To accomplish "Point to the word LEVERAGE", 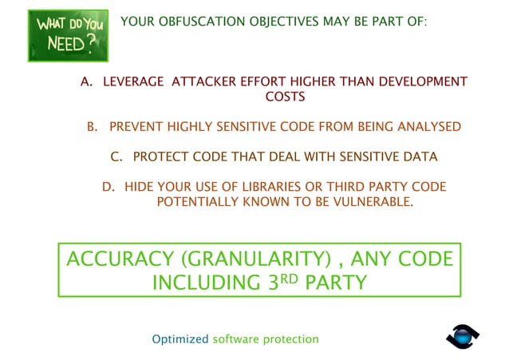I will click(x=133, y=82).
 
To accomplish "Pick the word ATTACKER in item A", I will click(x=206, y=82).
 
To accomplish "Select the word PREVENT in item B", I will click(x=137, y=127).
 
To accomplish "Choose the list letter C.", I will click(x=115, y=156).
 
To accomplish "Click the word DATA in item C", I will click(x=420, y=156).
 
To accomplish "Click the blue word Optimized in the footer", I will click(x=180, y=339).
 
